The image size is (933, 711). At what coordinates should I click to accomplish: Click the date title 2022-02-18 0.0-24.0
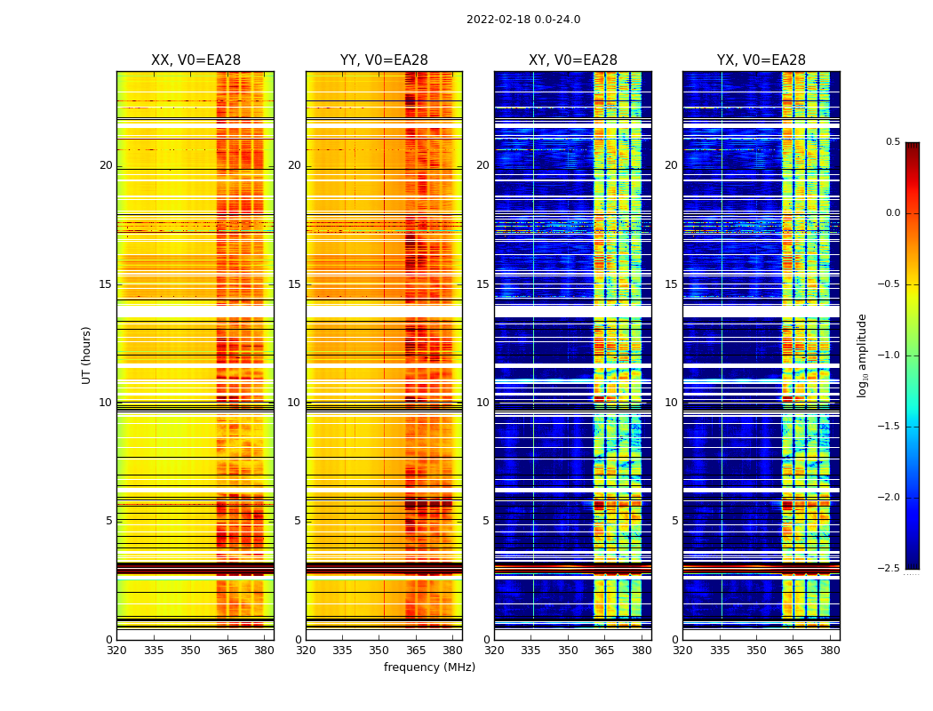pos(523,20)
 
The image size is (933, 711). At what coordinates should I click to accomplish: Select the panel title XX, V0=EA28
pos(195,60)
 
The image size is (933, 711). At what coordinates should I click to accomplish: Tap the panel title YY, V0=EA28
pos(384,60)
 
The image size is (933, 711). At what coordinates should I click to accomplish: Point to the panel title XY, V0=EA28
pos(573,60)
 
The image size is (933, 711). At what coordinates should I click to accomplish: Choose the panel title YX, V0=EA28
pos(762,60)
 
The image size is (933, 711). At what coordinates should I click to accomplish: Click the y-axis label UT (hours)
pos(86,355)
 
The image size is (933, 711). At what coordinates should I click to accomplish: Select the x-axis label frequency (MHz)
pos(429,667)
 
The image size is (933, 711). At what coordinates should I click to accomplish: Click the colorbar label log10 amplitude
pos(861,355)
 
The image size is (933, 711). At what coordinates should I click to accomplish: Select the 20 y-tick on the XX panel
pos(106,165)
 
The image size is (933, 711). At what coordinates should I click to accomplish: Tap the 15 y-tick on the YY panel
pos(294,284)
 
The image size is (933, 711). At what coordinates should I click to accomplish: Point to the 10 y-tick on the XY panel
pos(482,403)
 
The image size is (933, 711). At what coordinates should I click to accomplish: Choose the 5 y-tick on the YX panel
pos(674,521)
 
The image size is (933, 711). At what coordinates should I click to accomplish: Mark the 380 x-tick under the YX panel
pos(830,651)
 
